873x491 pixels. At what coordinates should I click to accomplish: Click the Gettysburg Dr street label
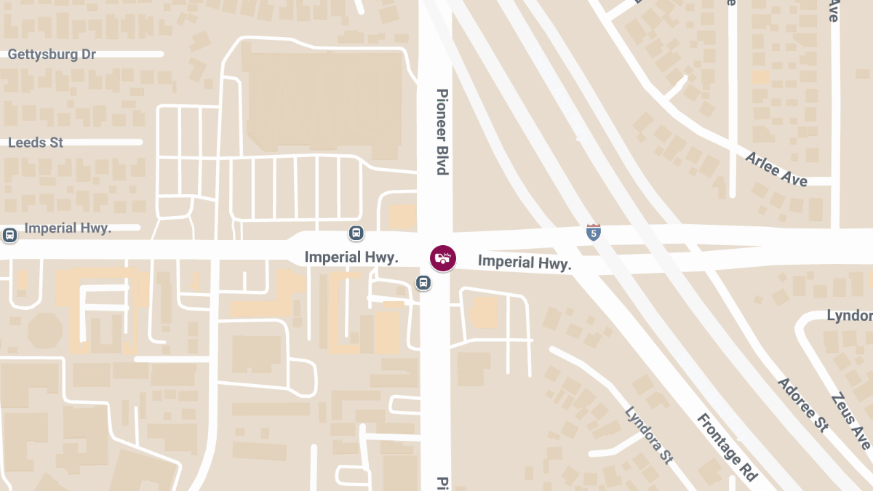pos(52,55)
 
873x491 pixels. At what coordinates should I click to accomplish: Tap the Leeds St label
pos(36,143)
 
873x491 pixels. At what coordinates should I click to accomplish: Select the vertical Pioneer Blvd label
pos(442,132)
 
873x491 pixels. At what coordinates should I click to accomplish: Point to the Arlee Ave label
pos(776,168)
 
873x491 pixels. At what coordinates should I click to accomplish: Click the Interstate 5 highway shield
pos(594,233)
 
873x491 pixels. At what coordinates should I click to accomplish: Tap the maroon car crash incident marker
pos(443,258)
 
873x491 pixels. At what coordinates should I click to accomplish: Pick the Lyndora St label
pos(648,436)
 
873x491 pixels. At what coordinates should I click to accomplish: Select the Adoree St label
pos(803,404)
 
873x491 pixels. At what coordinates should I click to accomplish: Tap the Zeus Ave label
pos(850,422)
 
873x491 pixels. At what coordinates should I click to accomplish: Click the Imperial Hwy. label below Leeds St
pos(68,228)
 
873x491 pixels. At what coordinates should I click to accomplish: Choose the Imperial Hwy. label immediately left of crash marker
pos(351,257)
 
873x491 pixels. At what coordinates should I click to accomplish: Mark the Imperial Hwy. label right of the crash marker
pos(525,263)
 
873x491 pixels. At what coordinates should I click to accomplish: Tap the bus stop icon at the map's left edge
pos(10,235)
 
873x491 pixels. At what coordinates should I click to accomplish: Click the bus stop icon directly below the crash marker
pos(423,282)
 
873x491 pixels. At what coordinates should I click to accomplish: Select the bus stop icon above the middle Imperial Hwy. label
pos(356,233)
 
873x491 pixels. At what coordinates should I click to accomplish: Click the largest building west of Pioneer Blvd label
pos(320,102)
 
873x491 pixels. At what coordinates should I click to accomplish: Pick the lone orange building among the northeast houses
pos(760,77)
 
